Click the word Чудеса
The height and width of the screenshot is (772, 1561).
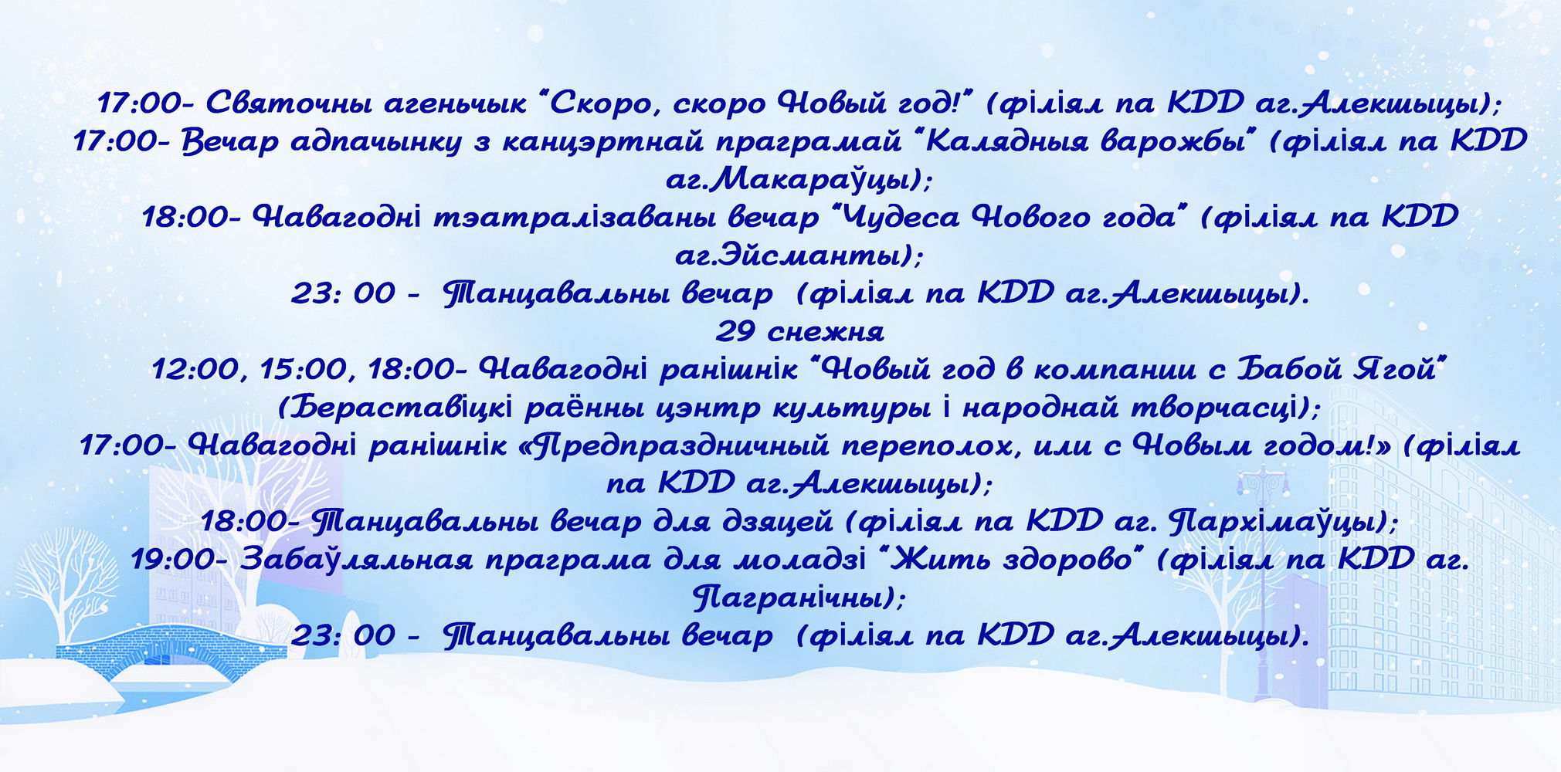pyautogui.click(x=895, y=217)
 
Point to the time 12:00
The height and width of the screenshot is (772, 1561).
pyautogui.click(x=196, y=370)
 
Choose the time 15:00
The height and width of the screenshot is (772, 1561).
pyautogui.click(x=304, y=370)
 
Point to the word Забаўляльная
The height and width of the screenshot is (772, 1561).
pyautogui.click(x=356, y=560)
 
